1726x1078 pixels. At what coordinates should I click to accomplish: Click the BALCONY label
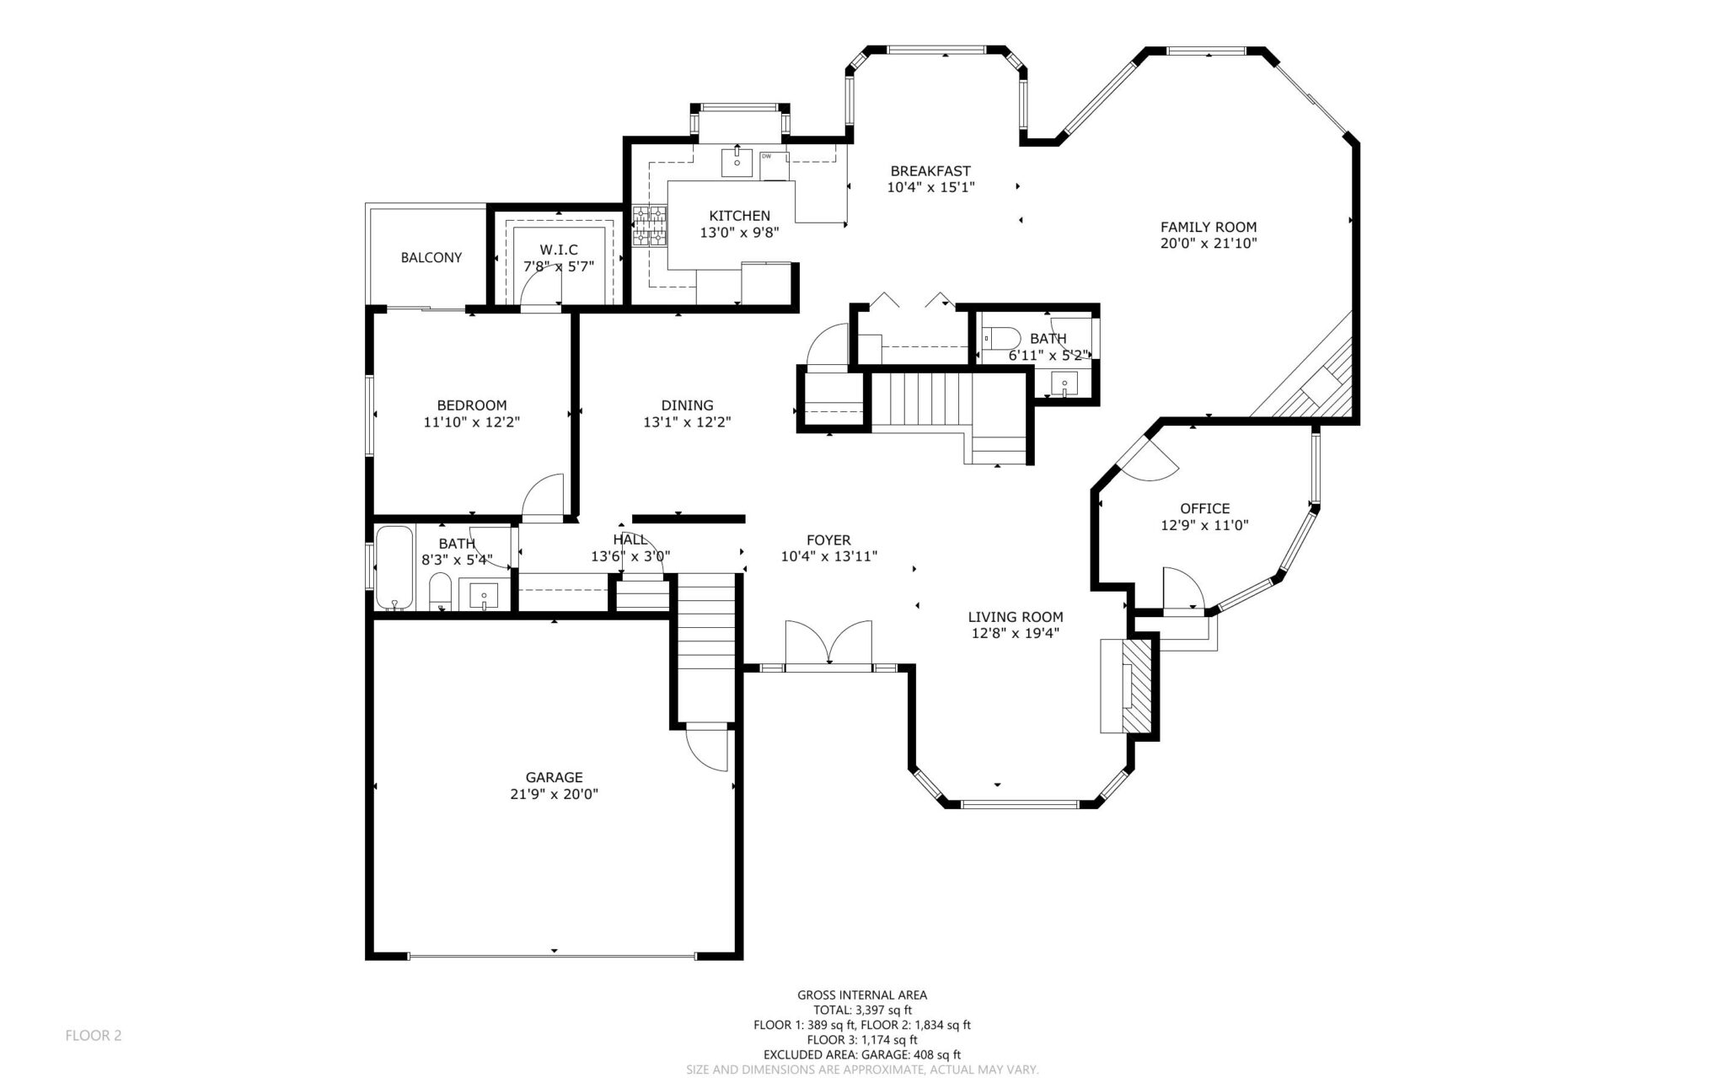coord(431,257)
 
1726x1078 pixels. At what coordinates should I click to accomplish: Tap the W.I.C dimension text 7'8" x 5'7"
coord(559,266)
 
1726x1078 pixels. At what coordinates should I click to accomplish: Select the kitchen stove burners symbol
coord(649,227)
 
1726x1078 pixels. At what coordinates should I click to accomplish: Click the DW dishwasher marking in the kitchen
coord(767,156)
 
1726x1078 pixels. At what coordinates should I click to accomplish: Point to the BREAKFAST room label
coord(930,171)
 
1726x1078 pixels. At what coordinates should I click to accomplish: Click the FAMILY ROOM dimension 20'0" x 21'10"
coord(1209,244)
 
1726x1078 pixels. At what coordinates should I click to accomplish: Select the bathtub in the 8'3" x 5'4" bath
coord(394,567)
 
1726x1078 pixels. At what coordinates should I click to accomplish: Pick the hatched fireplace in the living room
coord(1138,685)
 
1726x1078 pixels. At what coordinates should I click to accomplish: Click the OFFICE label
coord(1204,508)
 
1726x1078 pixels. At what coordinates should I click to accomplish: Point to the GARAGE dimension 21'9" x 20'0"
coord(554,794)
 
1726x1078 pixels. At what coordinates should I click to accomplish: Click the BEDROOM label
coord(471,405)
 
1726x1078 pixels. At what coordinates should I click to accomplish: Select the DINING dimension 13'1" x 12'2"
coord(687,422)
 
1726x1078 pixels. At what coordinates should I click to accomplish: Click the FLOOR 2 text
coord(94,1036)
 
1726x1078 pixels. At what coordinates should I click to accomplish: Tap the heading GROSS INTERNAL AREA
coord(862,995)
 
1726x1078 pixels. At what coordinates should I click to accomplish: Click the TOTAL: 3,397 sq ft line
coord(862,1011)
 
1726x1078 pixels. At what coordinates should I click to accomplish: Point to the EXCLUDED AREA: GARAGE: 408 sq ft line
coord(862,1054)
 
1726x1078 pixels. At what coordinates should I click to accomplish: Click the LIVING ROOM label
coord(1015,617)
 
